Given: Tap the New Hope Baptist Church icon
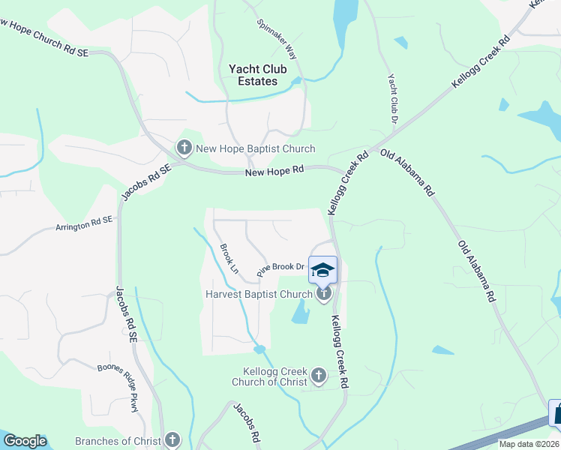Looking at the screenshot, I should click(184, 148).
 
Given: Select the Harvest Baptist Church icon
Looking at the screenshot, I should click(323, 293).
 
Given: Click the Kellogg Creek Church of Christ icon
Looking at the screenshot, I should click(319, 375).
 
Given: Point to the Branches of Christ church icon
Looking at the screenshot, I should click(172, 440).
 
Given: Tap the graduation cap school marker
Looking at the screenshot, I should click(323, 270).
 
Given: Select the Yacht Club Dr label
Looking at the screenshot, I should click(392, 97).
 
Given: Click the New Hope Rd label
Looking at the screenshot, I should click(274, 171).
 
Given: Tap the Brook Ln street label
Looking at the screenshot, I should click(229, 257).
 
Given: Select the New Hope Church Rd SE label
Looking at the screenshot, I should click(45, 35).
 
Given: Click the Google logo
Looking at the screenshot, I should click(24, 441).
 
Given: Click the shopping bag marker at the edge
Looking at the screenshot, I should click(557, 414).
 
